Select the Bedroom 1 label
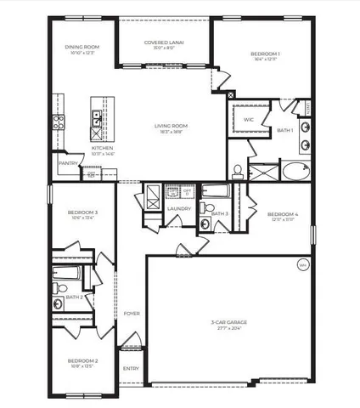[x=264, y=54]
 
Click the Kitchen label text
[x=103, y=147]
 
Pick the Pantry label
[x=68, y=162]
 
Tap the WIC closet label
[x=249, y=120]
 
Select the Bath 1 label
[x=286, y=130]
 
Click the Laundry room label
[x=178, y=208]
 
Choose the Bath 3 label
[x=219, y=213]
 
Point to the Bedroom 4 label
[x=283, y=214]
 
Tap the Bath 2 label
[x=76, y=297]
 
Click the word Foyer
[x=132, y=314]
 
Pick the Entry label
[x=131, y=368]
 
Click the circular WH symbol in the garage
[x=303, y=265]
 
